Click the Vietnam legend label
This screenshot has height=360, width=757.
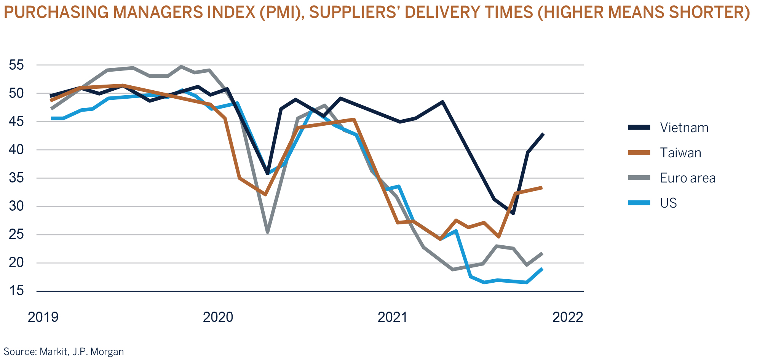(684, 128)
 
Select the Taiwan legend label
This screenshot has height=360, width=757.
(680, 153)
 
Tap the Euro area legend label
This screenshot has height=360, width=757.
(687, 178)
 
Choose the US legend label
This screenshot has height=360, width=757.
(668, 203)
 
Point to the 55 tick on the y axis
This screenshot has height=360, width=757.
(16, 65)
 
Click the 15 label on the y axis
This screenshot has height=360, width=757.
(16, 291)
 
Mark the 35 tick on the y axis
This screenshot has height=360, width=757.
(16, 178)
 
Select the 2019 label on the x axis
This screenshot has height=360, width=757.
(43, 317)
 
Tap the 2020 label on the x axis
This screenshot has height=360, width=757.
(218, 317)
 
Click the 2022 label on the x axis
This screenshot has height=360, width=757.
(567, 317)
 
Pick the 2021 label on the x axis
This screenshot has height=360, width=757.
(393, 317)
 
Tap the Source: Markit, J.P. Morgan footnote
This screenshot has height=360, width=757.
(64, 351)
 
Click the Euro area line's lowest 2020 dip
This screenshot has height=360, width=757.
(268, 232)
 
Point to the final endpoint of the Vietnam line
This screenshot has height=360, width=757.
(543, 134)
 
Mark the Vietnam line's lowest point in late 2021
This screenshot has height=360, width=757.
(513, 213)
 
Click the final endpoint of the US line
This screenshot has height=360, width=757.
(542, 269)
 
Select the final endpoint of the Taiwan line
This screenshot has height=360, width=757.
(541, 187)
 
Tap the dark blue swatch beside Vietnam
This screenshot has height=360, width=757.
(639, 128)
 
